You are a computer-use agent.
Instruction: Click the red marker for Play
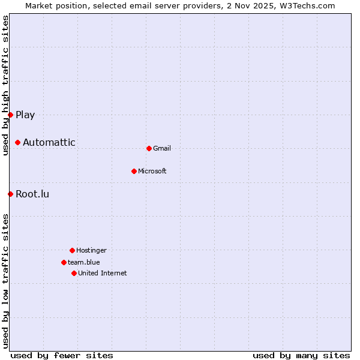tap(10, 115)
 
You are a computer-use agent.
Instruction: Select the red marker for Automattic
tap(18, 142)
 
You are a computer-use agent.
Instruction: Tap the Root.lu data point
tap(10, 194)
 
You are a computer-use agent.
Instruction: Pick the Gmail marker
tap(149, 148)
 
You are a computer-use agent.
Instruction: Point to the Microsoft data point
tap(134, 171)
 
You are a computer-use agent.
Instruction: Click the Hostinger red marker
tap(72, 250)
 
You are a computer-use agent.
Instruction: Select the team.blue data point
tap(64, 262)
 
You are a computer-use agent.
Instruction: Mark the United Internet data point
tap(74, 273)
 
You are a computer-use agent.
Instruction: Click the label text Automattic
tap(49, 143)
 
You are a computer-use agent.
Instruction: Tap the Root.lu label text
tap(32, 194)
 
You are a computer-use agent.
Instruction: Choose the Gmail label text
tap(162, 149)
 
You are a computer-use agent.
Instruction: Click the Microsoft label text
tap(152, 172)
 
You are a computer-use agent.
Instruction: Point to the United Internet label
tap(103, 274)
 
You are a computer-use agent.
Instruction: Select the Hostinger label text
tap(91, 251)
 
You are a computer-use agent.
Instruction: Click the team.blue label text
tap(84, 263)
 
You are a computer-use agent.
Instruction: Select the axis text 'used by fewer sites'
tap(62, 356)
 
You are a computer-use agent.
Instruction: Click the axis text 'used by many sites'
tap(301, 356)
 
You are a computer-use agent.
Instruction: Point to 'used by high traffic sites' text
tap(5, 85)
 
